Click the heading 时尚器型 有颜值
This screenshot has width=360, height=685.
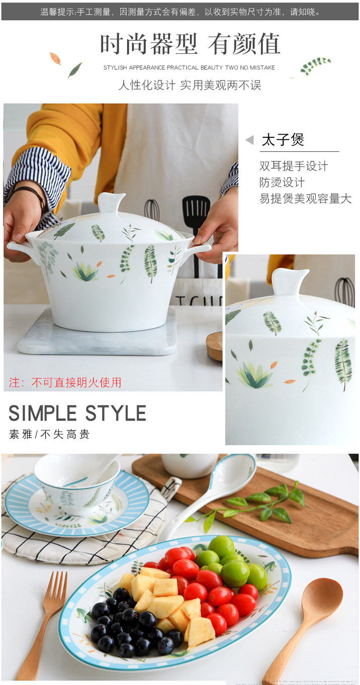coord(190,44)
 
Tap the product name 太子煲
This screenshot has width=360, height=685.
coord(283,140)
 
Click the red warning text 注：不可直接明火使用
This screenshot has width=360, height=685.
coord(65,382)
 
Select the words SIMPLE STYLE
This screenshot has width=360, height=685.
coord(77,413)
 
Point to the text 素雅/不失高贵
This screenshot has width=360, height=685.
coord(49,435)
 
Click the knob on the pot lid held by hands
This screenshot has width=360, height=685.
coord(111,202)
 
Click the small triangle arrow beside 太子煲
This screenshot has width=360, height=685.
coord(249,140)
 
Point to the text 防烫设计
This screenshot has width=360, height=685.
coord(282,182)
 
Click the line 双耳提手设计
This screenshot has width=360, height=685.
coord(293,166)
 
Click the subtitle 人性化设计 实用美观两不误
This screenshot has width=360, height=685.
coord(190,85)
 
